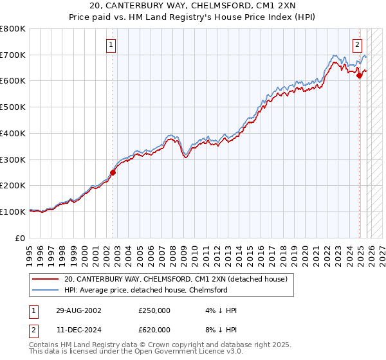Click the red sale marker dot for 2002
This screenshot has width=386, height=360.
click(x=113, y=172)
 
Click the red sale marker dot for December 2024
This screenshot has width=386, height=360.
click(x=360, y=76)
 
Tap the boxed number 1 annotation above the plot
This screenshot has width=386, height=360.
click(x=112, y=45)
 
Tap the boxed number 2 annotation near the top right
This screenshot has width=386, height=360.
click(x=358, y=45)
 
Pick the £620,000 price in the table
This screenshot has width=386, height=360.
click(x=154, y=330)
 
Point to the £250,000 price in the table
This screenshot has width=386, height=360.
click(x=154, y=310)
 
